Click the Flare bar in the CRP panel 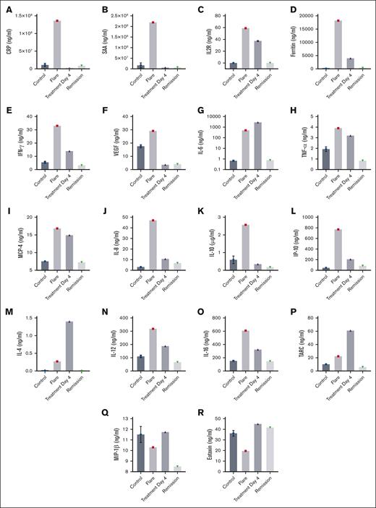pos(57,45)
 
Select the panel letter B pos(106,11)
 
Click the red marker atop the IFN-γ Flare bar pos(56,126)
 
